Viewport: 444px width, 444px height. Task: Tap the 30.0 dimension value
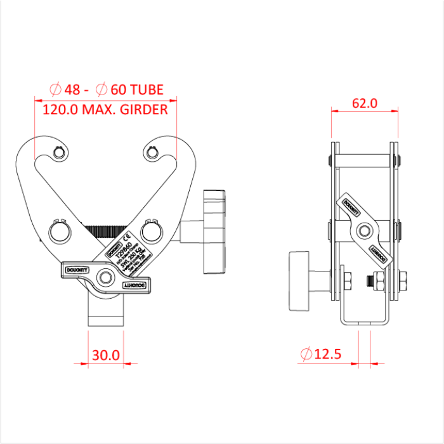point(106,355)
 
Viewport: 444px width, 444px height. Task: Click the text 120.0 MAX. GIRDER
point(105,110)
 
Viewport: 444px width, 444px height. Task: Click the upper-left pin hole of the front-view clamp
point(59,153)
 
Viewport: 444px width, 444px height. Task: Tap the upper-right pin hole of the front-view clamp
point(152,153)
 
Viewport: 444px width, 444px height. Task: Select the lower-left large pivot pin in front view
point(59,229)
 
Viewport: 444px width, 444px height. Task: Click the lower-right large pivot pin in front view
point(152,228)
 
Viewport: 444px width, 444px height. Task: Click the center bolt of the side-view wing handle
point(364,230)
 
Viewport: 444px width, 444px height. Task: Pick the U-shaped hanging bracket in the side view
point(364,317)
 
